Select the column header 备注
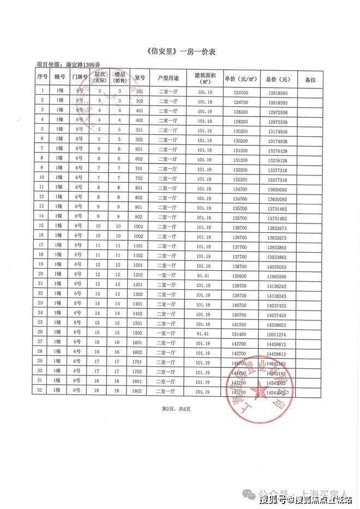pyautogui.click(x=310, y=79)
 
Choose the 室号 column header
pyautogui.click(x=139, y=79)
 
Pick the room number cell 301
pyautogui.click(x=139, y=92)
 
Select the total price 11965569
pyautogui.click(x=278, y=276)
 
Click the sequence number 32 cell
pyautogui.click(x=41, y=391)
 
